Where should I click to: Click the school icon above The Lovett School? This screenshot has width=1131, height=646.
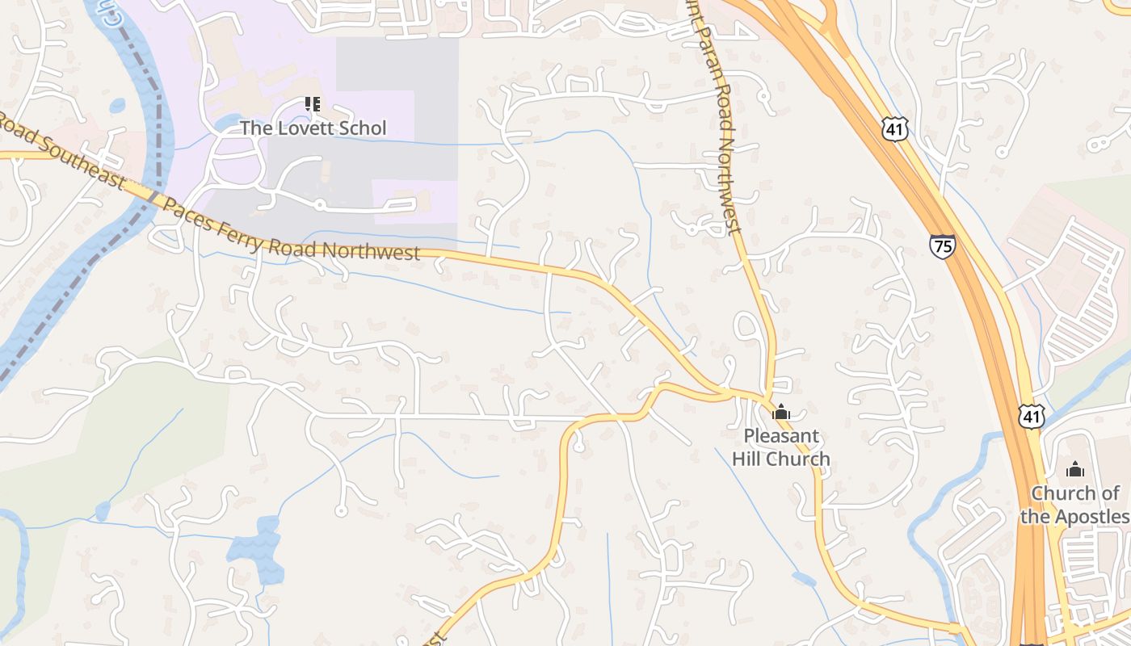click(x=312, y=104)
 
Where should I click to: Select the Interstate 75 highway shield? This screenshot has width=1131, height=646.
click(x=942, y=246)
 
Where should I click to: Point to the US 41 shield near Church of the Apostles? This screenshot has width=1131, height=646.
click(x=1032, y=415)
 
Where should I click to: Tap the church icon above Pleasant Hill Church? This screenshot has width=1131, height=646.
click(x=780, y=413)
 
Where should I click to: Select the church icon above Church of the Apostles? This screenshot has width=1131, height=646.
click(x=1075, y=469)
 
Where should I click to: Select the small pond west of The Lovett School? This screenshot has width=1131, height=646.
click(x=118, y=105)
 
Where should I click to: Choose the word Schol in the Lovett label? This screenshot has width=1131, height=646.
click(x=362, y=128)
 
